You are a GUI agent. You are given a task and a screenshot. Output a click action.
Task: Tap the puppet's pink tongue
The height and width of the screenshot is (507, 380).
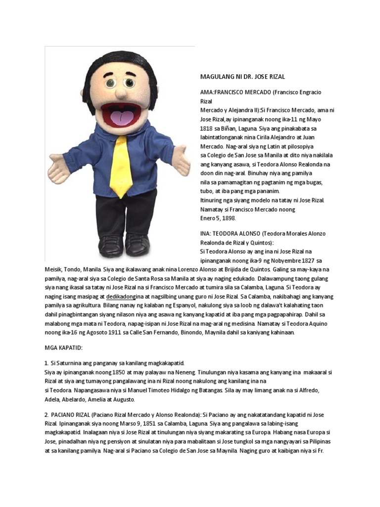tap(122, 118)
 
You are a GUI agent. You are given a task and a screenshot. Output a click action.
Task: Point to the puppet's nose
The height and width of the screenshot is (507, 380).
tap(121, 92)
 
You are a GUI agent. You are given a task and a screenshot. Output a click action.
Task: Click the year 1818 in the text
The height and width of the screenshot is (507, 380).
tap(206, 128)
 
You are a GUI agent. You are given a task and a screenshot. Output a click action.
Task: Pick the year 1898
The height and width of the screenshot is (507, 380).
tap(227, 218)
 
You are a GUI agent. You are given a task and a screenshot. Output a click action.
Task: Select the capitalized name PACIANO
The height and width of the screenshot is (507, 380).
tap(66, 414)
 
